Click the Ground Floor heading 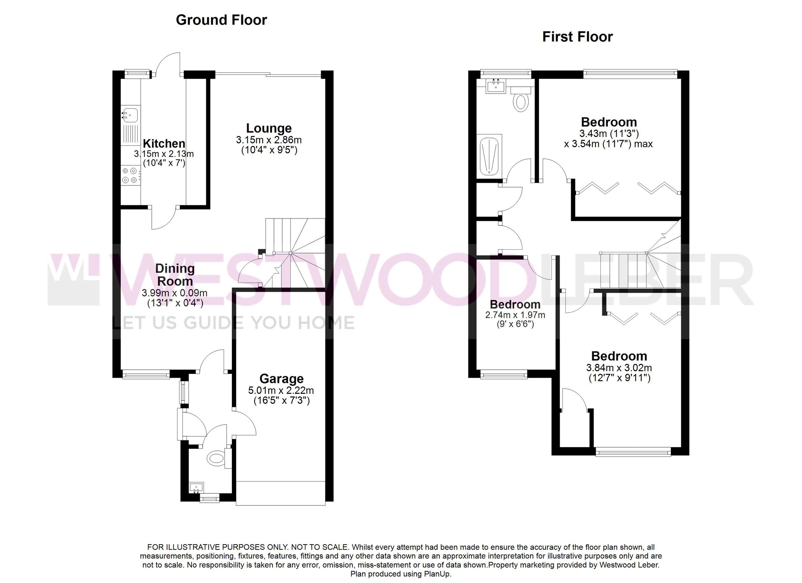pyautogui.click(x=221, y=20)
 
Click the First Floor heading pyautogui.click(x=577, y=37)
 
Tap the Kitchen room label pyautogui.click(x=164, y=144)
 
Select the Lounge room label pyautogui.click(x=269, y=128)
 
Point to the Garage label pyautogui.click(x=281, y=379)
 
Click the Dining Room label pyautogui.click(x=175, y=275)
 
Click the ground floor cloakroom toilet pyautogui.click(x=217, y=459)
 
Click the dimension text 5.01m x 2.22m pyautogui.click(x=281, y=390)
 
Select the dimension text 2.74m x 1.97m pyautogui.click(x=515, y=315)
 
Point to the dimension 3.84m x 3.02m pyautogui.click(x=619, y=368)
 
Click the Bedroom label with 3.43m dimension pyautogui.click(x=609, y=122)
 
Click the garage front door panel pyautogui.click(x=280, y=493)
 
